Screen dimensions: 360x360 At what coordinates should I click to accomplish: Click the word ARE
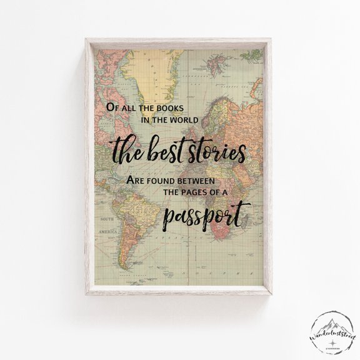(x=137, y=182)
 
